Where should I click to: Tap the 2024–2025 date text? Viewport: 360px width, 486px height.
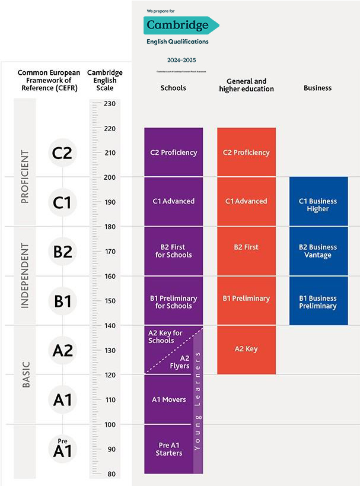(181, 60)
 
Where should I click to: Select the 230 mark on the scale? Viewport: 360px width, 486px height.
(109, 103)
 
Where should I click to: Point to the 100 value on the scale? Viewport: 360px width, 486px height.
(109, 424)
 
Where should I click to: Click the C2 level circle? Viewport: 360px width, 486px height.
(62, 153)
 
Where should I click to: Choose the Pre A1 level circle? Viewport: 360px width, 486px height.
(62, 449)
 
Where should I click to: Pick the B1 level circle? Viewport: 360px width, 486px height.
(62, 301)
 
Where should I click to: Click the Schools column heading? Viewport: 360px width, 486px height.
(173, 88)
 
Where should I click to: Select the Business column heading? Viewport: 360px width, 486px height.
(317, 88)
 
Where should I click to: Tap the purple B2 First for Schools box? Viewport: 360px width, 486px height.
(173, 251)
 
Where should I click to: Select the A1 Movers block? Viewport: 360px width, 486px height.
(168, 399)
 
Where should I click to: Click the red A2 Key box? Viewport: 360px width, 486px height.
(246, 350)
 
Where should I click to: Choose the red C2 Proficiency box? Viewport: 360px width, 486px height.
(246, 153)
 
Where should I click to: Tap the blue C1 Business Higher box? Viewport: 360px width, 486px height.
(318, 205)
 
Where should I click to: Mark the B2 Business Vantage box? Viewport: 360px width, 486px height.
(318, 251)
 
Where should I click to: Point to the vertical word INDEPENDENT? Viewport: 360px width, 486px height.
(25, 275)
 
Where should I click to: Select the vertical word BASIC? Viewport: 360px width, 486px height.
(25, 374)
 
